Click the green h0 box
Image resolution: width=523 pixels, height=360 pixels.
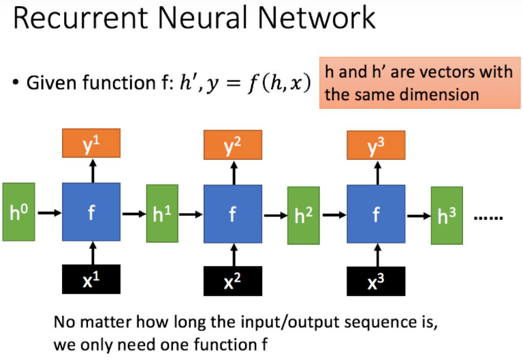(18, 212)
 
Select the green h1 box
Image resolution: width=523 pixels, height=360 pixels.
(161, 214)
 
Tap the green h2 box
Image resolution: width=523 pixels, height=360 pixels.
(303, 216)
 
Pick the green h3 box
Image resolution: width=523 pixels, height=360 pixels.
(446, 216)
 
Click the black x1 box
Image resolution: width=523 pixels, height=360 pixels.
(91, 279)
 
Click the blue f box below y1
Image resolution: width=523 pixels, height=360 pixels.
(91, 212)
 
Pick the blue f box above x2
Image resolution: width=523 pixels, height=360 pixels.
(233, 214)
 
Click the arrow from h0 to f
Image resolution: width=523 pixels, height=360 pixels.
(48, 212)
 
